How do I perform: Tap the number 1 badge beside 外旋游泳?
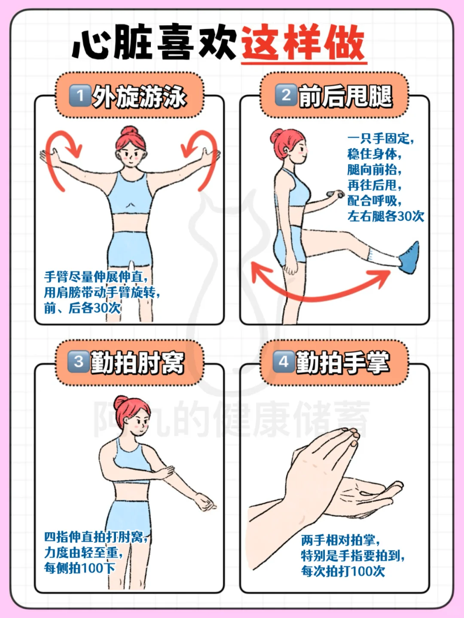[x=80, y=96]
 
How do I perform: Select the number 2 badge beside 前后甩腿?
[x=286, y=95]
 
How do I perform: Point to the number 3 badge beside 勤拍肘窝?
[x=79, y=362]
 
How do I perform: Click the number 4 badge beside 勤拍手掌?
[x=284, y=362]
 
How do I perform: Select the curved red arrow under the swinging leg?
[x=318, y=295]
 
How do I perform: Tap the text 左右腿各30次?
[x=386, y=216]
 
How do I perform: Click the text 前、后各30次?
[x=82, y=308]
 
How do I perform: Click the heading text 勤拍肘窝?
[x=137, y=362]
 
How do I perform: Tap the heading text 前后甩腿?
[x=345, y=96]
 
